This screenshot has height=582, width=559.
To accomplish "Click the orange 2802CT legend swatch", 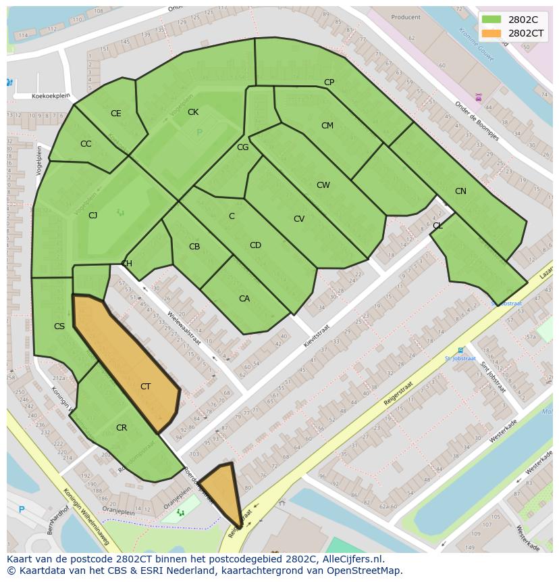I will click(491, 33).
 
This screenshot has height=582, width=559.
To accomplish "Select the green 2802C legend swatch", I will click(491, 20).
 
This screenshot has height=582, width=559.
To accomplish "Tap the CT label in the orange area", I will click(145, 387).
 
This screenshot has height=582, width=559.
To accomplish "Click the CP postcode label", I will click(329, 82).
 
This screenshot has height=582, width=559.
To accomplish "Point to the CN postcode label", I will click(460, 191).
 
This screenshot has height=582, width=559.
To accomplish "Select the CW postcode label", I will click(323, 185).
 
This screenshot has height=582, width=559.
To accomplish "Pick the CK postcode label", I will click(193, 112).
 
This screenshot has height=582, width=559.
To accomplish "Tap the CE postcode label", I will click(115, 114).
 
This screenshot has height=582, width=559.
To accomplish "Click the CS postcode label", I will click(59, 326).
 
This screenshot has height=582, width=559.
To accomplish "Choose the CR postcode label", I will click(122, 428).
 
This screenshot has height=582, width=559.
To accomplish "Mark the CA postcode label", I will click(244, 299).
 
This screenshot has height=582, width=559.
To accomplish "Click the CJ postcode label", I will click(93, 216).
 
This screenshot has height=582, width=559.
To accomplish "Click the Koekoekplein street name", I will click(51, 96).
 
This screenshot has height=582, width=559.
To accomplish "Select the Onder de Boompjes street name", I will click(477, 121).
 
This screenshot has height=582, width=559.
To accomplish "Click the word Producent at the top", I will click(405, 18).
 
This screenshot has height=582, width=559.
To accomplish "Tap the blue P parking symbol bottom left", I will click(22, 510).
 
